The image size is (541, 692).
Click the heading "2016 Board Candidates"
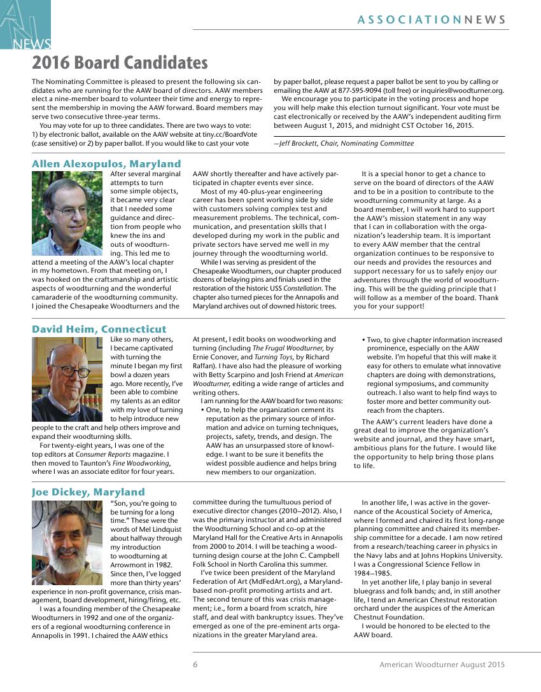[x=120, y=63]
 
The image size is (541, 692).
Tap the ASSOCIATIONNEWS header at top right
[x=432, y=20]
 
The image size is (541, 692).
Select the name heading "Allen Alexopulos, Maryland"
[x=106, y=164]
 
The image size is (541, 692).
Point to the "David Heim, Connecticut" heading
[x=99, y=329]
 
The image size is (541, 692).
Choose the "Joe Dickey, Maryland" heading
[x=88, y=492]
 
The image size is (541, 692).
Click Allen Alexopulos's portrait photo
[x=70, y=213]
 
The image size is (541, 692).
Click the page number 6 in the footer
[x=196, y=665]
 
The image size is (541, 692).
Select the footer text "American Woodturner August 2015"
[x=442, y=665]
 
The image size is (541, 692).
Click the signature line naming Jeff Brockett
[x=344, y=144]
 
